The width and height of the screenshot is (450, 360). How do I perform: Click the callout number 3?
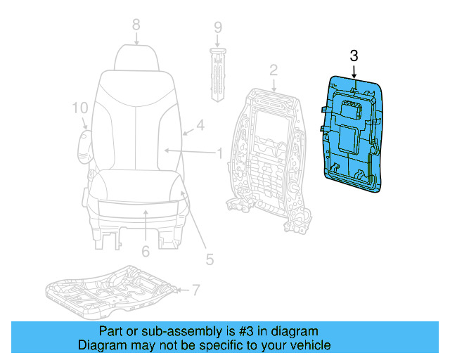point(354,56)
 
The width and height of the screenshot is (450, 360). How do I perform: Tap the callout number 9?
point(218,28)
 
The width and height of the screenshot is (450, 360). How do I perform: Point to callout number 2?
point(274,69)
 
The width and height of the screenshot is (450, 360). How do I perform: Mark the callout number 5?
point(209,259)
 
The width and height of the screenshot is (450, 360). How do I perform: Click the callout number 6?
point(145,251)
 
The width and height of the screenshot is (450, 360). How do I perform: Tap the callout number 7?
point(196,289)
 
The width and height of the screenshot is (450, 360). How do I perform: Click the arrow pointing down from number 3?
point(354,71)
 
